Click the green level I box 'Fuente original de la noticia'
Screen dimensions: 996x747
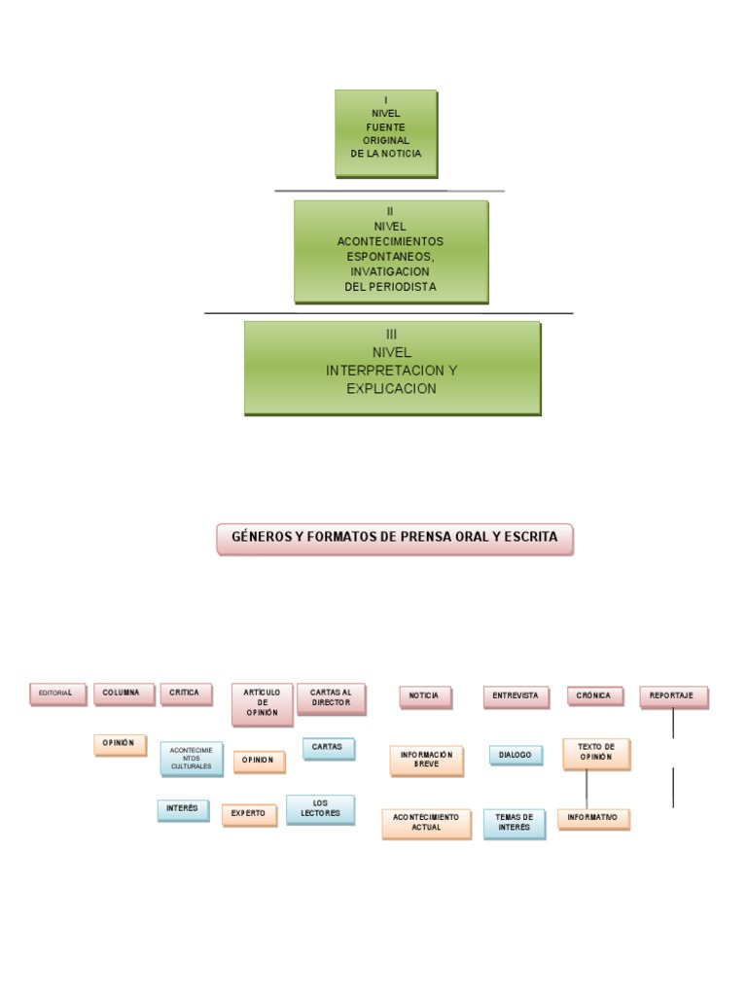click(x=386, y=133)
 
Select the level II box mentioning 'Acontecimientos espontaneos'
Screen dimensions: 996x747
click(x=391, y=250)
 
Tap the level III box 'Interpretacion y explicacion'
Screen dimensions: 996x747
click(x=392, y=368)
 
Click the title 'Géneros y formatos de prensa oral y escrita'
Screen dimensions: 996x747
click(x=395, y=538)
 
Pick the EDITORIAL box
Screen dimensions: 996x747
click(x=57, y=694)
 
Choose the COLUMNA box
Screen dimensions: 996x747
click(x=123, y=694)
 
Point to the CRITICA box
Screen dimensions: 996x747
click(x=185, y=694)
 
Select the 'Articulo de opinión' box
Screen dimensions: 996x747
click(x=262, y=703)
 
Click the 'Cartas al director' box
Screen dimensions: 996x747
click(x=331, y=698)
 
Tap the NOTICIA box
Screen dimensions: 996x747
click(x=424, y=696)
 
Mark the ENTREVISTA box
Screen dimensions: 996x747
click(x=516, y=696)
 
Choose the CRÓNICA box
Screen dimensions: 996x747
click(x=593, y=696)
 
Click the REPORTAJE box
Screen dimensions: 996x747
click(x=672, y=696)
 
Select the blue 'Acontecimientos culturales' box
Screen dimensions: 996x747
click(x=191, y=759)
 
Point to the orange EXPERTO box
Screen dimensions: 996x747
click(x=248, y=813)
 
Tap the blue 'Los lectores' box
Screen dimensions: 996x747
click(x=320, y=809)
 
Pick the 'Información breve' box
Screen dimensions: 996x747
click(x=426, y=760)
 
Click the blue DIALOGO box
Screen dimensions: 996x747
click(x=516, y=755)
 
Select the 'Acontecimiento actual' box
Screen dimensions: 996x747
click(x=426, y=823)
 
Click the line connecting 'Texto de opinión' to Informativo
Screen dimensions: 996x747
click(x=587, y=789)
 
